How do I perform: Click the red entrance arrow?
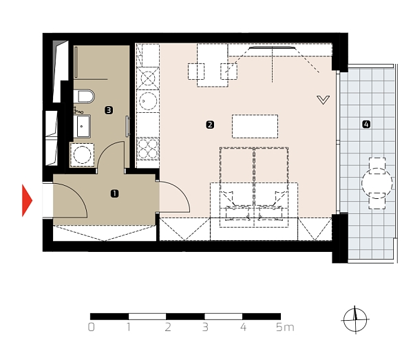click(28, 200)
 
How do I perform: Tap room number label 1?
click(114, 194)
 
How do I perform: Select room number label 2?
click(210, 125)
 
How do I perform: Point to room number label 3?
click(109, 109)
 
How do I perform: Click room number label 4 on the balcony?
click(366, 125)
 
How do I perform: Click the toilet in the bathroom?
click(83, 96)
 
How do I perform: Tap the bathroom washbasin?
click(83, 125)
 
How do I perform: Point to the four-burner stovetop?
click(148, 147)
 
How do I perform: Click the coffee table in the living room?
click(255, 126)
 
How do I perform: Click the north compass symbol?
click(355, 319)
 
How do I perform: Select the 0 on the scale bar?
click(92, 328)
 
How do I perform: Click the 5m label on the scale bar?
click(284, 328)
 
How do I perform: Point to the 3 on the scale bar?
click(205, 328)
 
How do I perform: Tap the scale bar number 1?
click(129, 328)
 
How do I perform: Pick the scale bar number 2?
click(167, 328)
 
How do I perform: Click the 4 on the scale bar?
click(243, 328)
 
